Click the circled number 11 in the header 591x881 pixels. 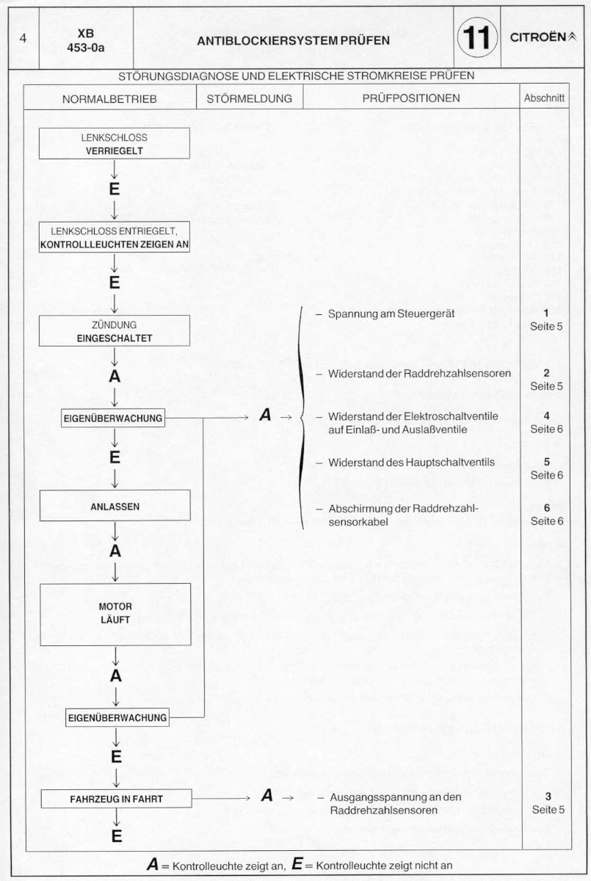click(x=477, y=37)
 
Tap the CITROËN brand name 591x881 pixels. click(x=538, y=37)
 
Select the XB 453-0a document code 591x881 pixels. click(x=86, y=40)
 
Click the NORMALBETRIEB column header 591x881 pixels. click(x=109, y=99)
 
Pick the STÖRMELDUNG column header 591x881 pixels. click(x=250, y=98)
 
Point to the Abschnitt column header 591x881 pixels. click(x=544, y=98)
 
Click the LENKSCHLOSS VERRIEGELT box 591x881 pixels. click(x=114, y=144)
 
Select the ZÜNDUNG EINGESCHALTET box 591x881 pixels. click(x=114, y=331)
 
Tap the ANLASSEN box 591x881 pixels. click(x=115, y=506)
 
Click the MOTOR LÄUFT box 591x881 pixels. click(x=115, y=614)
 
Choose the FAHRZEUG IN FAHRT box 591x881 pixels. click(x=117, y=799)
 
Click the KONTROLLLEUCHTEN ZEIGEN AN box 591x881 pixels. click(x=114, y=237)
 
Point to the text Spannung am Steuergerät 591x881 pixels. click(x=391, y=314)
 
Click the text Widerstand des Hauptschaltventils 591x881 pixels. click(x=411, y=462)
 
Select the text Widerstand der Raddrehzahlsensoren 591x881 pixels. click(x=419, y=373)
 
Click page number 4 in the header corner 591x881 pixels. click(x=23, y=38)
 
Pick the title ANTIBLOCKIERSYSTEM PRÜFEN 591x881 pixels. click(x=294, y=40)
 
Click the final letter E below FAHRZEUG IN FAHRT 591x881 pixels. click(x=117, y=835)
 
